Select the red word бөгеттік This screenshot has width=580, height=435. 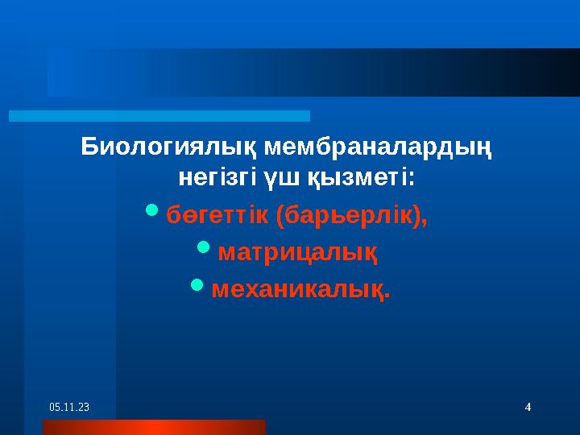(217, 216)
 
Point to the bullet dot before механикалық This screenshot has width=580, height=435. (197, 284)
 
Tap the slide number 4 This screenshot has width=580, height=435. (527, 408)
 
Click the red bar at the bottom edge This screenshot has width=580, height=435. (153, 427)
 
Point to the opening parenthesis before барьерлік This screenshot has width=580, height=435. (279, 216)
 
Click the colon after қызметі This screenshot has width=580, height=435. (412, 176)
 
